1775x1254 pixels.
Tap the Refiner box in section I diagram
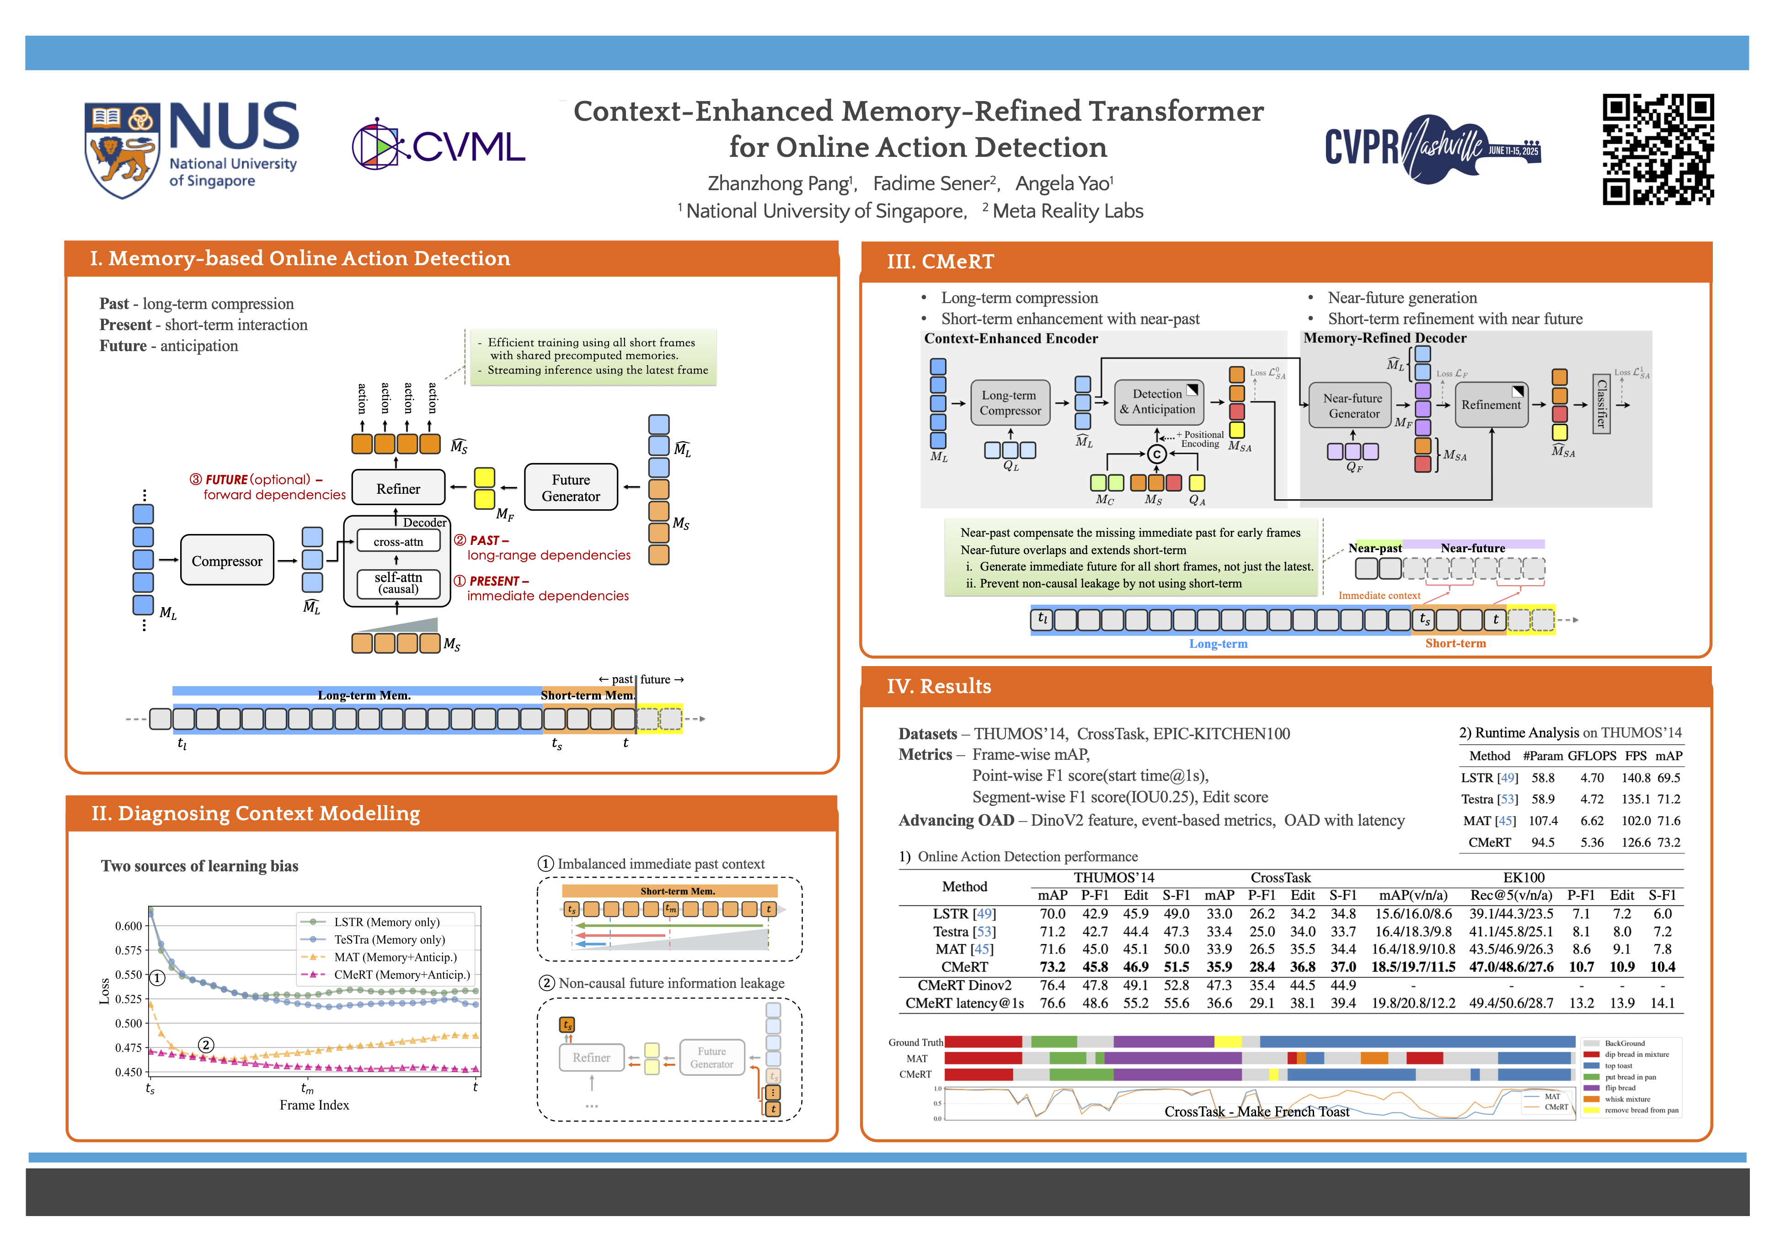tap(398, 489)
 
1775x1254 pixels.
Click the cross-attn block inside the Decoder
tap(398, 542)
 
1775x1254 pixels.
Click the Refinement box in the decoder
tap(1491, 404)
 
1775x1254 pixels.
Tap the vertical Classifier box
tap(1601, 404)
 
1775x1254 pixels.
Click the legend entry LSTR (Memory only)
tap(386, 923)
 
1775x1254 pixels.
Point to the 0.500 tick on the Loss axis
tap(128, 1024)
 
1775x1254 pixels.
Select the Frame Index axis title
tap(314, 1105)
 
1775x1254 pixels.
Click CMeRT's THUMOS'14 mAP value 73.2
tap(1052, 967)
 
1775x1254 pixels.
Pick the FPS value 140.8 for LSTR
tap(1636, 778)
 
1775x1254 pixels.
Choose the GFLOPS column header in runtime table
tap(1592, 756)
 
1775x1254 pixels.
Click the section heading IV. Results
tap(939, 687)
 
